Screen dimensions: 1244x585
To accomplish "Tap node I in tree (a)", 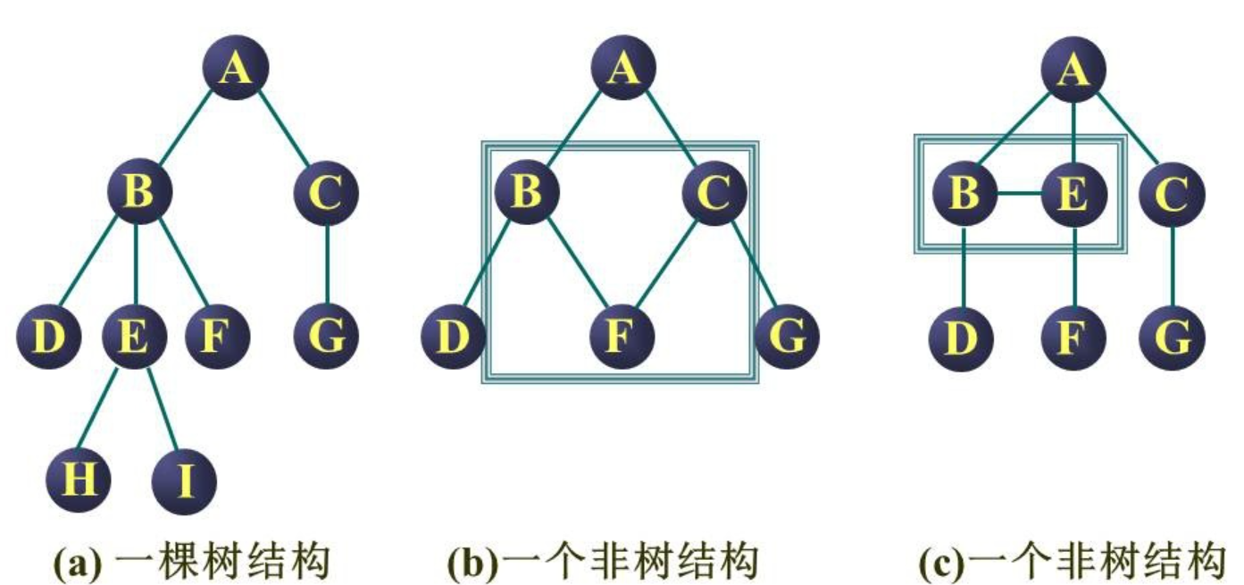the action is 184,482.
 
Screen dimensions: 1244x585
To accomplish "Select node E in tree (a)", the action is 134,337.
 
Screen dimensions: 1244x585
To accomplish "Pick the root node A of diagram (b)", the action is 622,68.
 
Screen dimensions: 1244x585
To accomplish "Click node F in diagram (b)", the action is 622,338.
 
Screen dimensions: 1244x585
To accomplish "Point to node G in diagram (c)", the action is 1173,338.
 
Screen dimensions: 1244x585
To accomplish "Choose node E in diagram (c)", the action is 1073,193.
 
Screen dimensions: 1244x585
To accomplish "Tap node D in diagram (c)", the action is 962,338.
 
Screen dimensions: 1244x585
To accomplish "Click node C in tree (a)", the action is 327,193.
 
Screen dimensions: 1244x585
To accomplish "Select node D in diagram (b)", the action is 454,338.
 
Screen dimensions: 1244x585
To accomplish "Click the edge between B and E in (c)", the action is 1018,193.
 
